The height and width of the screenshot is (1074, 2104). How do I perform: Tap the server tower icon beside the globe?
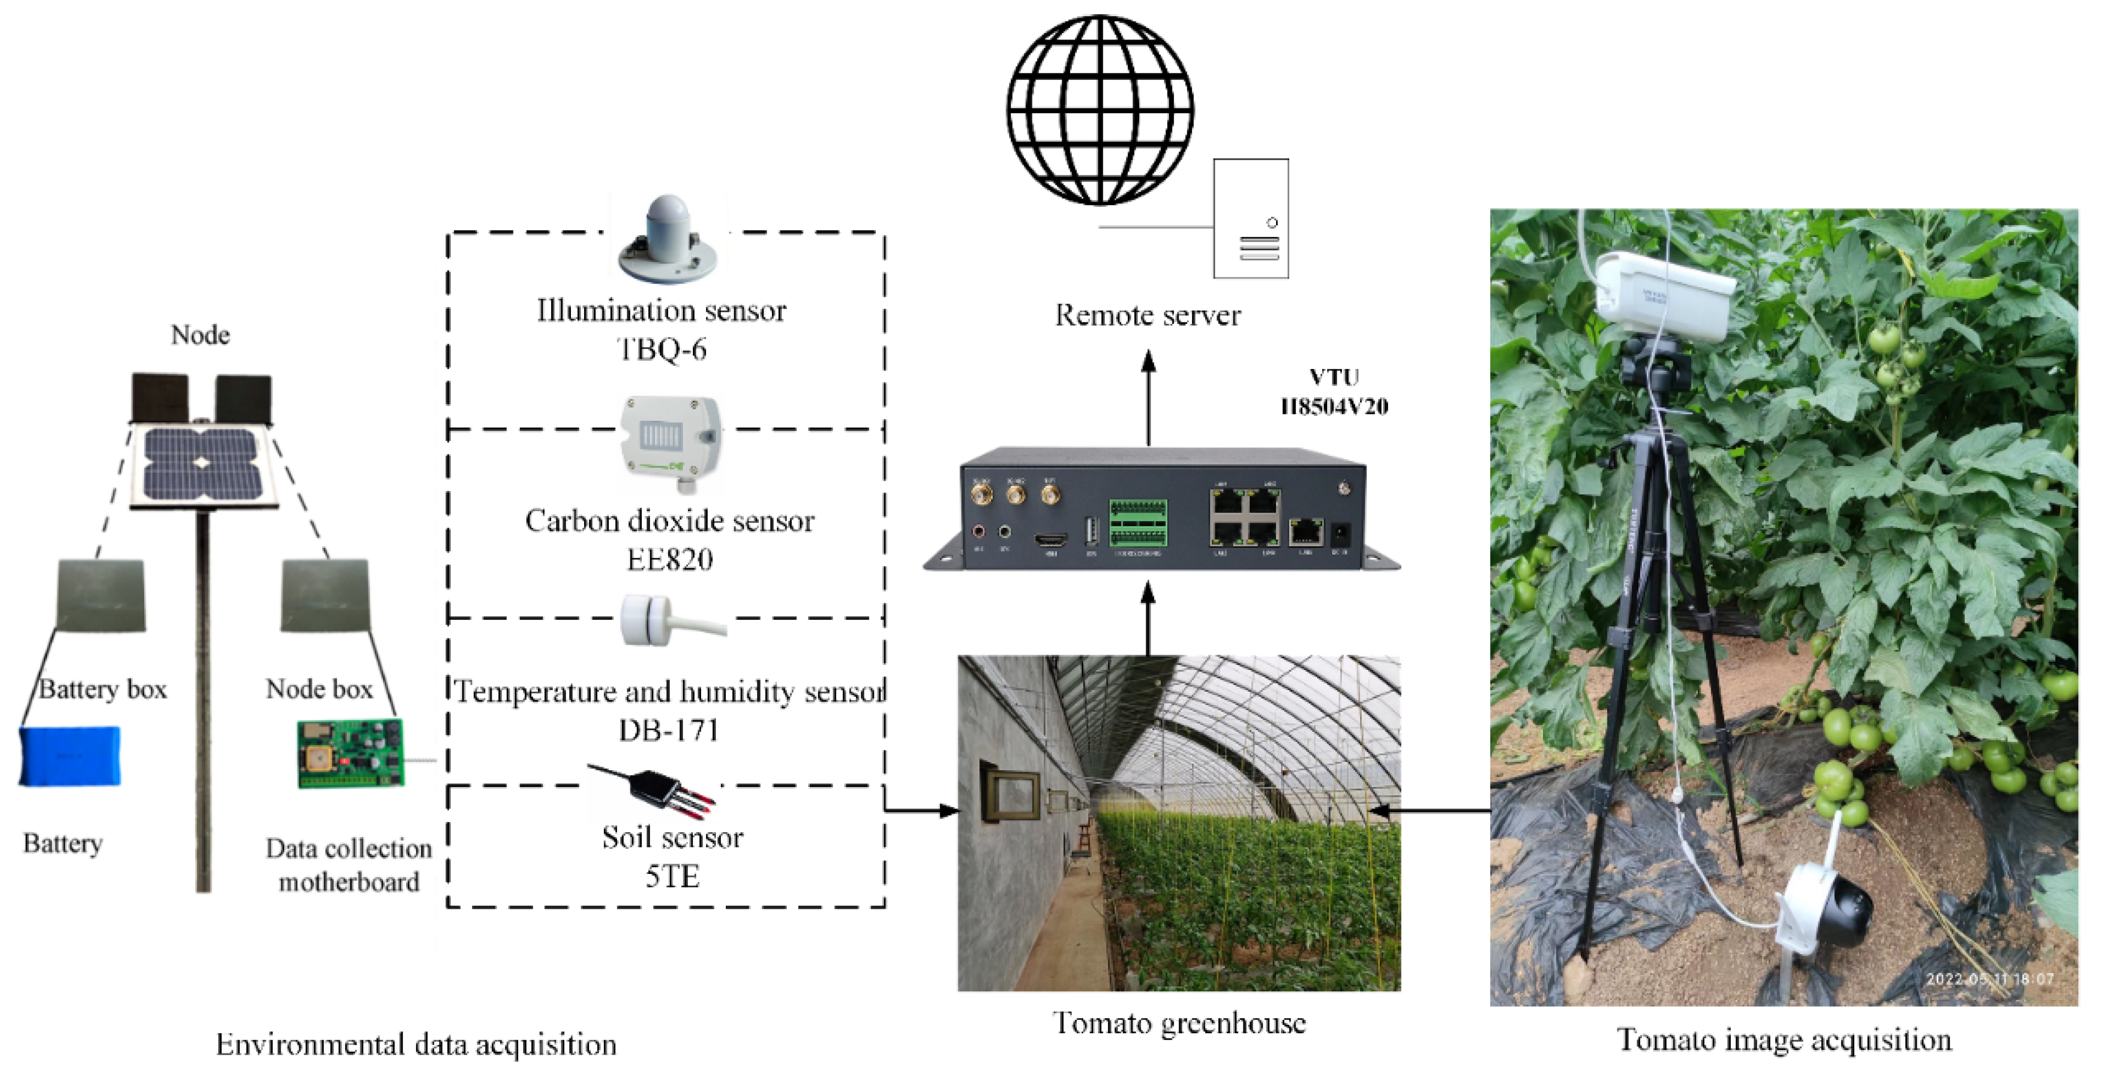pos(1250,219)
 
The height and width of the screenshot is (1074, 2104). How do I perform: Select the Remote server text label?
pos(1148,315)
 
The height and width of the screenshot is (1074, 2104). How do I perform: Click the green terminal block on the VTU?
pos(1138,522)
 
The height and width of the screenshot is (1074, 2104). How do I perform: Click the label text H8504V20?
pos(1334,406)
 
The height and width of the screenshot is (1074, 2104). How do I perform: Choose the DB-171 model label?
pos(668,729)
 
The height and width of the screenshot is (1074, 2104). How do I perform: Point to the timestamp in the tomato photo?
pos(1989,979)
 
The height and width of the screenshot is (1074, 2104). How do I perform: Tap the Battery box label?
pos(103,689)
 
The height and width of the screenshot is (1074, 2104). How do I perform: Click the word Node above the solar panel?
pos(200,335)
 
